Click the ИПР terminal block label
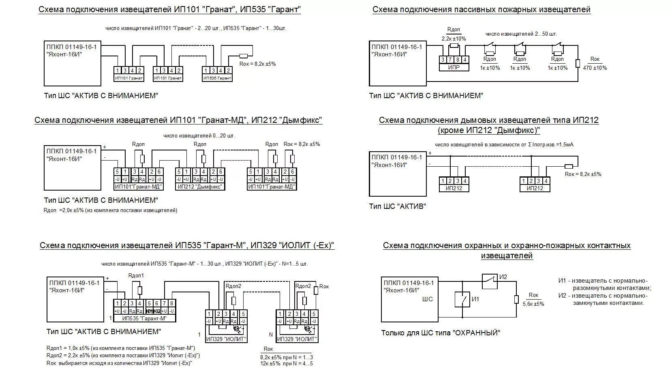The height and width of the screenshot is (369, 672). (454, 68)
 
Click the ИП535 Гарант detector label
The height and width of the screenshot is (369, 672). (217, 78)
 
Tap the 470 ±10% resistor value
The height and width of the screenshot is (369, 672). (595, 68)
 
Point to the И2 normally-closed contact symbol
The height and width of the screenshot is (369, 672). (490, 281)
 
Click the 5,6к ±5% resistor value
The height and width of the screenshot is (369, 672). (533, 303)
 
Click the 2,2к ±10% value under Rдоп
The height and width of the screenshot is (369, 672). (454, 39)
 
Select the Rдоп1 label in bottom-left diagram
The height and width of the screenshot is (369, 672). (136, 275)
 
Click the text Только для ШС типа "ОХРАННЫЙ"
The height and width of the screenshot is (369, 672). (441, 333)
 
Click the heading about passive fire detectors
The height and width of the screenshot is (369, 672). (481, 9)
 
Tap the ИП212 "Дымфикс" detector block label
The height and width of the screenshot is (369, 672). (200, 187)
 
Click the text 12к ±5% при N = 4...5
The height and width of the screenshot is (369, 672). (286, 363)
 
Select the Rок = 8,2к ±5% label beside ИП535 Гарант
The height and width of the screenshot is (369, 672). (258, 64)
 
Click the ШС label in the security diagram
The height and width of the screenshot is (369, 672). (427, 299)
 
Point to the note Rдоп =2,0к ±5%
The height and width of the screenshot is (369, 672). (110, 210)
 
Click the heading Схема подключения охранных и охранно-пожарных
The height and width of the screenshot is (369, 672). (507, 245)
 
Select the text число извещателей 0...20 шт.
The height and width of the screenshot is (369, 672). (199, 135)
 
